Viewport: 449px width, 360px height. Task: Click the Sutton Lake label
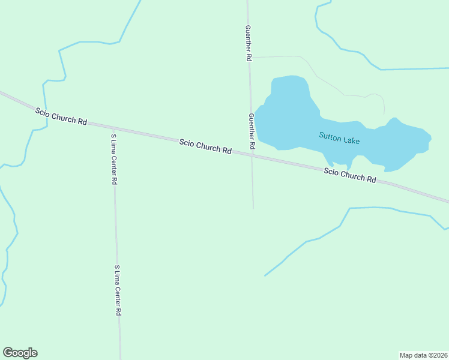point(339,138)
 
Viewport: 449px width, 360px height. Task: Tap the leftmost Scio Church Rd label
point(61,116)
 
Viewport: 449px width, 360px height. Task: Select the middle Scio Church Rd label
point(205,146)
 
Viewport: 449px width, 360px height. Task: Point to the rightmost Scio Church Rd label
point(349,175)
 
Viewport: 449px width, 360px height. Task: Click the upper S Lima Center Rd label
point(113,158)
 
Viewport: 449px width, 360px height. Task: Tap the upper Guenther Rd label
point(248,43)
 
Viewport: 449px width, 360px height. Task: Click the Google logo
point(20,353)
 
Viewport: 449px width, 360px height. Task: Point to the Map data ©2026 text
point(423,355)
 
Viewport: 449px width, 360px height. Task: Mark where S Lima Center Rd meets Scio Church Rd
point(113,128)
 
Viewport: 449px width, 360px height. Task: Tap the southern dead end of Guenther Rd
point(253,208)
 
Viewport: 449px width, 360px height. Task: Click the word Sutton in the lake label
point(330,136)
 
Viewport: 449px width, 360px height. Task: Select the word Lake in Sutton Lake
point(351,140)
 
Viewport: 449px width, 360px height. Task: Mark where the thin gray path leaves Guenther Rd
point(250,57)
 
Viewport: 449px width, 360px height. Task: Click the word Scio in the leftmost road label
point(43,112)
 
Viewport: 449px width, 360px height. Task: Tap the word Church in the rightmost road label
point(352,176)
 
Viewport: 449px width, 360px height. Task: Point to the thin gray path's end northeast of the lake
point(384,114)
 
